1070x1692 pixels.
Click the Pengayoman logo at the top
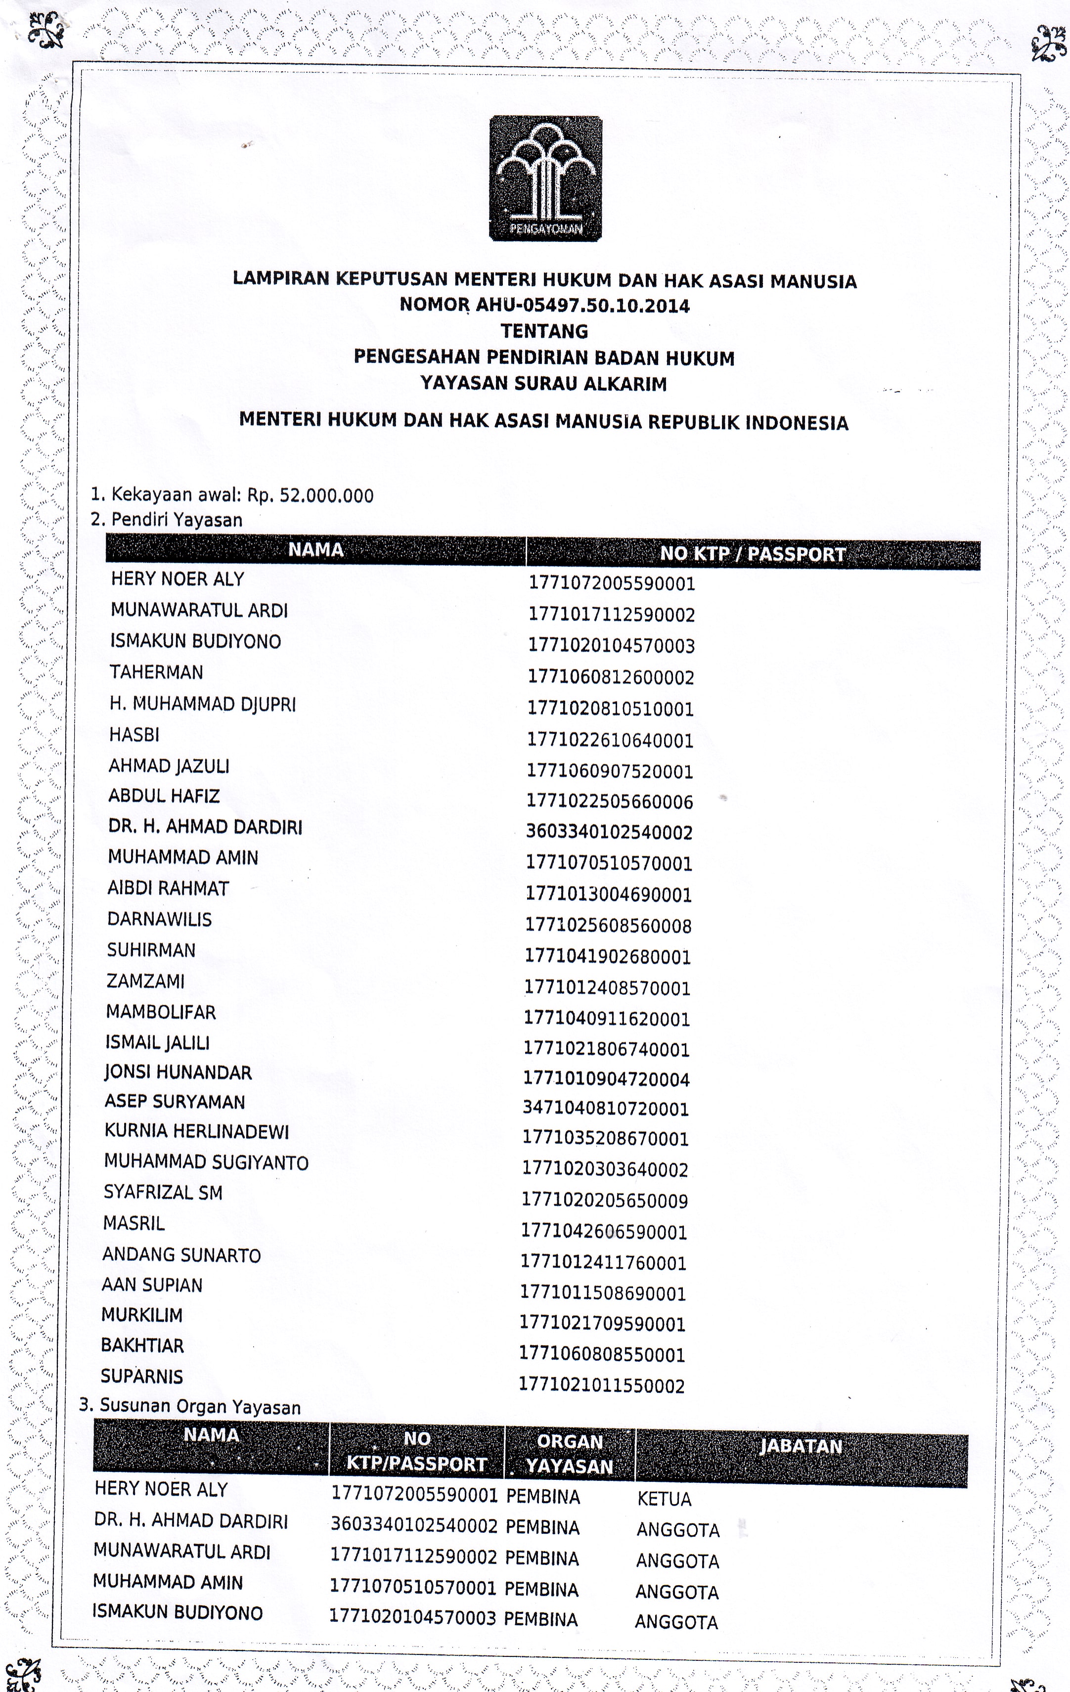pyautogui.click(x=545, y=178)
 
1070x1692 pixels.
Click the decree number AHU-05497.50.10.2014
pyautogui.click(x=582, y=306)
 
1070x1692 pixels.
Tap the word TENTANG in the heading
pyautogui.click(x=544, y=331)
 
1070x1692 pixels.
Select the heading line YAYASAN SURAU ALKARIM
pyautogui.click(x=544, y=384)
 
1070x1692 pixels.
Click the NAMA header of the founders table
pyautogui.click(x=315, y=549)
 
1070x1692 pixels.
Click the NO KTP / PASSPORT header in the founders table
pyautogui.click(x=753, y=554)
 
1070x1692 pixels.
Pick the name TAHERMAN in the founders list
pyautogui.click(x=156, y=672)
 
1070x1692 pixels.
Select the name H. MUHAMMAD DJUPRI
pyautogui.click(x=202, y=704)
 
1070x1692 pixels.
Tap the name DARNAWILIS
pyautogui.click(x=160, y=919)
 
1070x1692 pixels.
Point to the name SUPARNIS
pyautogui.click(x=142, y=1377)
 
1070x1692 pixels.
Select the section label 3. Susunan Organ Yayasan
pyautogui.click(x=190, y=1407)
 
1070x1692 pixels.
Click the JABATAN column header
pyautogui.click(x=801, y=1446)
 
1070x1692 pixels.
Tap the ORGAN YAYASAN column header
pyautogui.click(x=570, y=1454)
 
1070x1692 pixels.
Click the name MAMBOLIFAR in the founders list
pyautogui.click(x=161, y=1012)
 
